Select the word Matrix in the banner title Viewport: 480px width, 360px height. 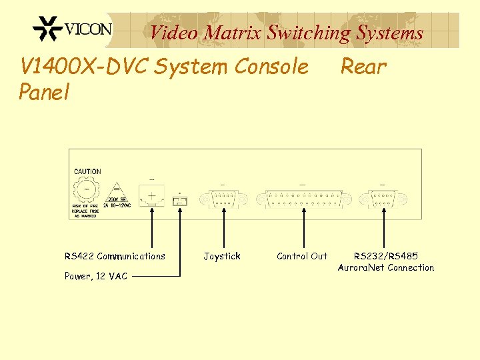(233, 32)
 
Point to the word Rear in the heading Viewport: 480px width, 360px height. (363, 66)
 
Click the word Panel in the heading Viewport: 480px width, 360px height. (44, 92)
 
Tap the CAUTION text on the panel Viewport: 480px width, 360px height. (87, 171)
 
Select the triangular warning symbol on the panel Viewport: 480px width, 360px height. (115, 189)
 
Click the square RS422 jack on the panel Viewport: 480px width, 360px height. (152, 196)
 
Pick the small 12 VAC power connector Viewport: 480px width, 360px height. (180, 199)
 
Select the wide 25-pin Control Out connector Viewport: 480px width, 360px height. (303, 199)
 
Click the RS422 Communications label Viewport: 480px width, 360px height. (115, 256)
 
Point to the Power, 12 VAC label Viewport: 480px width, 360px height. (96, 275)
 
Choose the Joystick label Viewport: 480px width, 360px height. (222, 256)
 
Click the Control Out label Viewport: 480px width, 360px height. (302, 256)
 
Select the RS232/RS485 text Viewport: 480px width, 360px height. (385, 256)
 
